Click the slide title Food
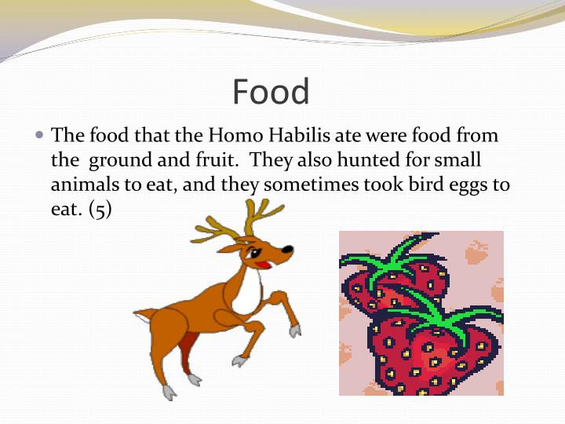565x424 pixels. (x=271, y=92)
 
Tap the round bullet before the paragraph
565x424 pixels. (x=40, y=135)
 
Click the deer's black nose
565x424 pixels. (x=288, y=250)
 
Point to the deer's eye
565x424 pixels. (x=253, y=252)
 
